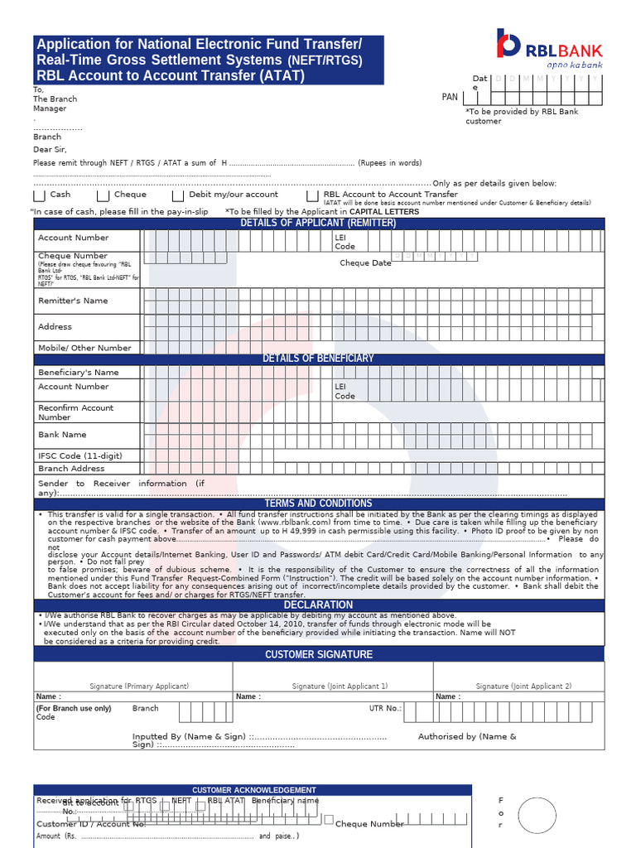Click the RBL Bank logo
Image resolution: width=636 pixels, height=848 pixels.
tap(549, 49)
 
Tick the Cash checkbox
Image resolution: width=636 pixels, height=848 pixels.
tap(39, 196)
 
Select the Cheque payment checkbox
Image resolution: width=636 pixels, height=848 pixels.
tap(103, 196)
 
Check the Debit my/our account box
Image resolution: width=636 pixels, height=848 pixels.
tap(178, 196)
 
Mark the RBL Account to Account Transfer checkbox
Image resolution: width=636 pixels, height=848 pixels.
tap(312, 196)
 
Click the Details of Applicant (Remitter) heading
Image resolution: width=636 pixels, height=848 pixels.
tap(319, 223)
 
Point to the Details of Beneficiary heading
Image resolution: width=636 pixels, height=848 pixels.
tap(319, 358)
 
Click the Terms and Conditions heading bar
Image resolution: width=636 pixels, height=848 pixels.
tap(319, 503)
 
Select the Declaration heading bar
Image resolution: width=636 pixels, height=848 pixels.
tap(319, 605)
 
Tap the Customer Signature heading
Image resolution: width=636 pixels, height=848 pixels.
tap(319, 654)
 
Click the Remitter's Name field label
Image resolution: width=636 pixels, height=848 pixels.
tap(73, 301)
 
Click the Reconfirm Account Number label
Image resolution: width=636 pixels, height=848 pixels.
tap(75, 412)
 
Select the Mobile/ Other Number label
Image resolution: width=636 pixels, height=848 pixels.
tap(84, 348)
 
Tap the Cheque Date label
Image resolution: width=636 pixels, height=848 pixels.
tap(365, 263)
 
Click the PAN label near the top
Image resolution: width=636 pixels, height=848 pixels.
tap(450, 97)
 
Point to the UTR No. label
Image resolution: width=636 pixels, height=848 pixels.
tap(385, 709)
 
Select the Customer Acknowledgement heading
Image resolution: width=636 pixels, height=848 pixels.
tap(253, 790)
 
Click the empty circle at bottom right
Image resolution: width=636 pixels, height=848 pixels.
tap(537, 814)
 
